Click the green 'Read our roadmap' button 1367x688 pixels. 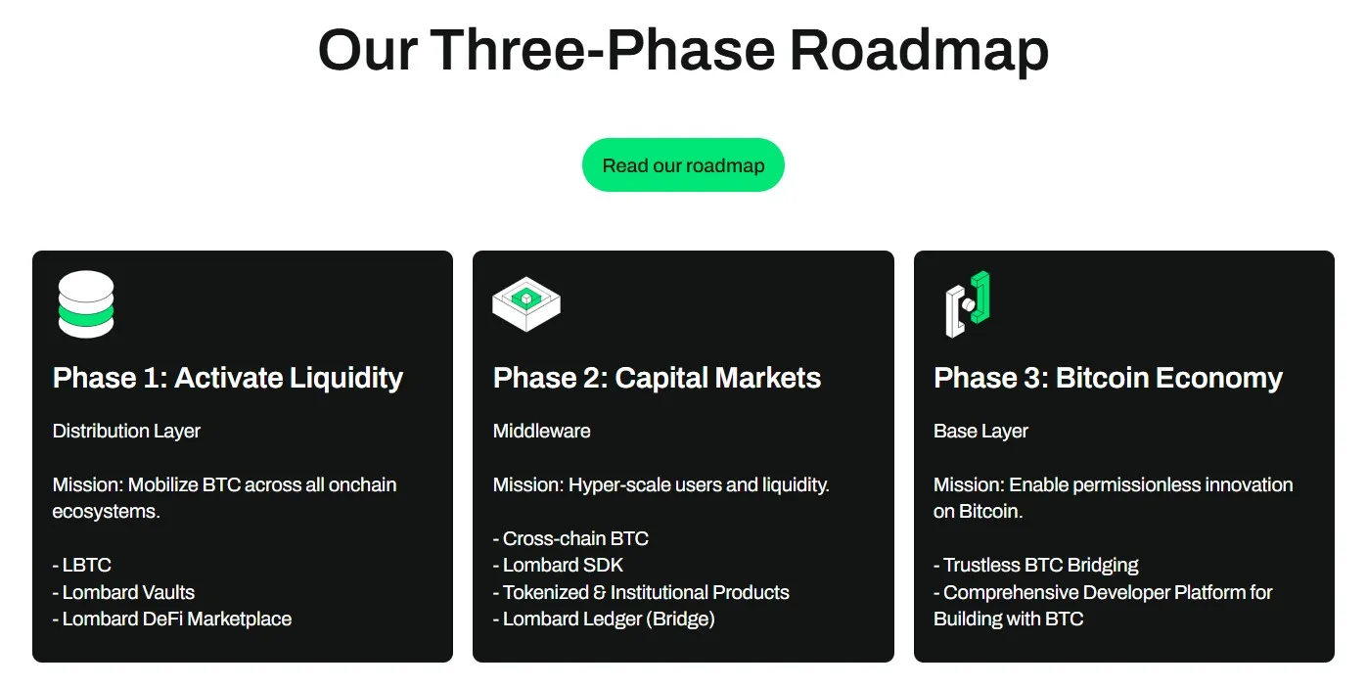point(683,165)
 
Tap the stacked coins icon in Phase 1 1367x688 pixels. point(86,304)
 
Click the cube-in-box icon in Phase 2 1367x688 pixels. point(526,303)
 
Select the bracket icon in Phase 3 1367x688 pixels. point(968,304)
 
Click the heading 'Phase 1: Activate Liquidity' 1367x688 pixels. point(228,378)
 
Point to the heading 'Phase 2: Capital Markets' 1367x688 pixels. point(657,378)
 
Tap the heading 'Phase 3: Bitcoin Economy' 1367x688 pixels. point(1108,378)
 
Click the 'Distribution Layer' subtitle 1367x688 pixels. point(126,431)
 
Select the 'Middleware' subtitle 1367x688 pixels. point(541,431)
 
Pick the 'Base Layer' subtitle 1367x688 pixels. point(980,431)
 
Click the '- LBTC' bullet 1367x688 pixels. point(82,565)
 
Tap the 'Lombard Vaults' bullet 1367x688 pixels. point(128,592)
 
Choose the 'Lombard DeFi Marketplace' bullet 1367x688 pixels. point(176,619)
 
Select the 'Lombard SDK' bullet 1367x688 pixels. point(563,565)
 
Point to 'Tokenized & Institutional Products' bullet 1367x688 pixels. point(646,592)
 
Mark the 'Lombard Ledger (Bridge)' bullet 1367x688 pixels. point(609,619)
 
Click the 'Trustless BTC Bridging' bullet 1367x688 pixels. point(1040,565)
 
